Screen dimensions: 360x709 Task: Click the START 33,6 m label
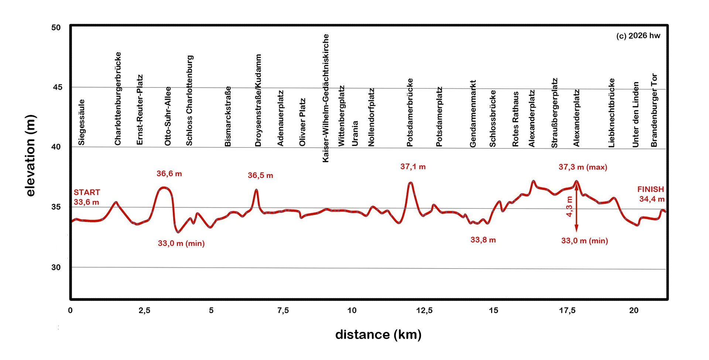pyautogui.click(x=86, y=197)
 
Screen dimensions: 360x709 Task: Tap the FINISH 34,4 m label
pyautogui.click(x=651, y=194)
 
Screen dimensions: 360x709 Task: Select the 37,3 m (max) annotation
pyautogui.click(x=583, y=167)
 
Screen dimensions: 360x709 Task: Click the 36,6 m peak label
pyautogui.click(x=169, y=174)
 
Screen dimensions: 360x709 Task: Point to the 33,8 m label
pyautogui.click(x=483, y=240)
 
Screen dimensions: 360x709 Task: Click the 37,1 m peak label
pyautogui.click(x=413, y=167)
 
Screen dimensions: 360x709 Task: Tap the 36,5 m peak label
pyautogui.click(x=260, y=175)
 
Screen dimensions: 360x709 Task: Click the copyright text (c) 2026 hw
pyautogui.click(x=638, y=35)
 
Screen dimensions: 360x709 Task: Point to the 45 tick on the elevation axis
pyautogui.click(x=57, y=87)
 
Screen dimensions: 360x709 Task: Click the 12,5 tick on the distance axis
pyautogui.click(x=424, y=311)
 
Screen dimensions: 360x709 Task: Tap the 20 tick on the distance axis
pyautogui.click(x=634, y=311)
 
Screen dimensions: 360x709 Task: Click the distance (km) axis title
pyautogui.click(x=378, y=335)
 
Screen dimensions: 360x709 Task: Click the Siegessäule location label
pyautogui.click(x=82, y=122)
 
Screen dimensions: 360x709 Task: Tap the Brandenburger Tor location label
pyautogui.click(x=654, y=110)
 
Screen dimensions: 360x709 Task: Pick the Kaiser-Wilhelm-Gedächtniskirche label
pyautogui.click(x=325, y=98)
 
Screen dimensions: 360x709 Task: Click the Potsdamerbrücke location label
pyautogui.click(x=410, y=112)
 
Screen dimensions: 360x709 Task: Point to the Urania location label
pyautogui.click(x=355, y=133)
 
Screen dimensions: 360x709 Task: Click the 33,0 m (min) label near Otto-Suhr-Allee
pyautogui.click(x=181, y=243)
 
